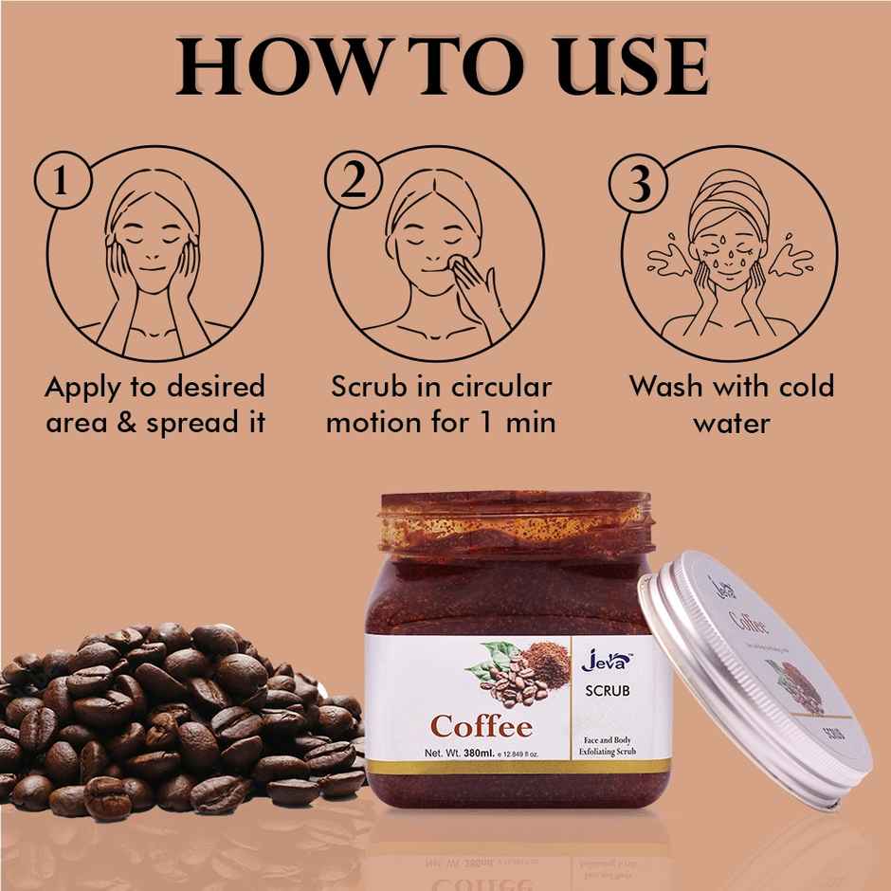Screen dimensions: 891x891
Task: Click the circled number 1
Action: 61,183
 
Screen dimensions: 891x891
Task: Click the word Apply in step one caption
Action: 91,388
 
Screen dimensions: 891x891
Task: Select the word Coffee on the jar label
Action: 482,728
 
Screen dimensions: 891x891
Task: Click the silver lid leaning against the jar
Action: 758,682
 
